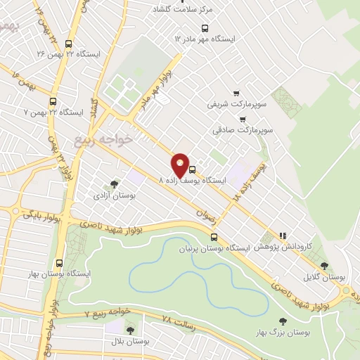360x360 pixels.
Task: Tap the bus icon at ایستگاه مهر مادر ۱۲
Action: click(x=205, y=28)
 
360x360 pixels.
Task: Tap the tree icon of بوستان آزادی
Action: click(x=115, y=184)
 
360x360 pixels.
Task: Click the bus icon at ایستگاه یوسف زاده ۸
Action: click(x=193, y=169)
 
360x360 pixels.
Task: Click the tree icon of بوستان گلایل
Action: click(x=324, y=266)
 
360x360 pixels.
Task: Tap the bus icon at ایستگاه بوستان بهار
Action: click(x=58, y=262)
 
